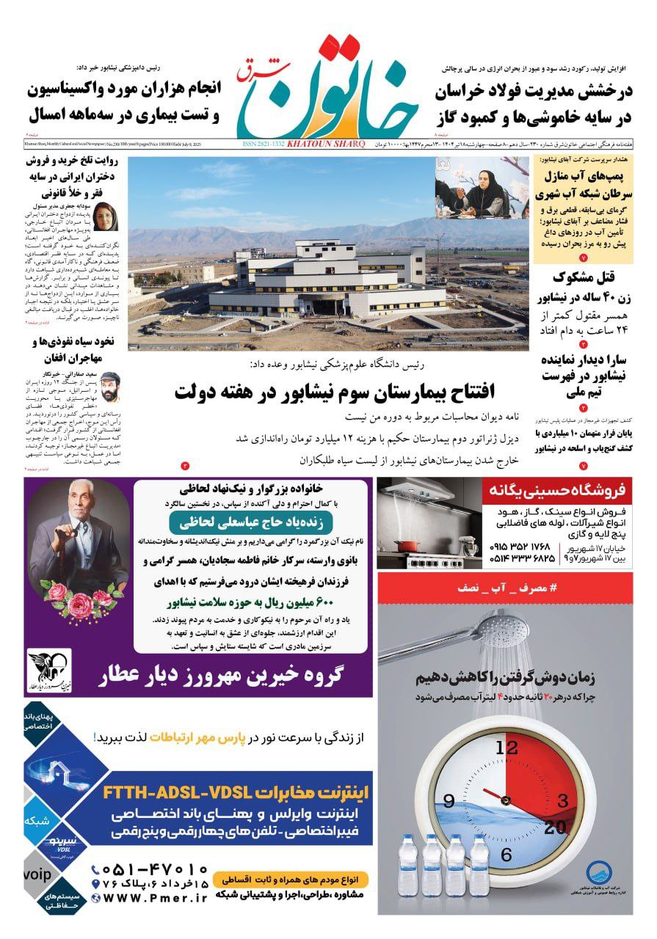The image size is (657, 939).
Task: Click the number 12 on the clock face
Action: (x=507, y=748)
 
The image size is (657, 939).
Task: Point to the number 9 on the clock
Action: (x=449, y=801)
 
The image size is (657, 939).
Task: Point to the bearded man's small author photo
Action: (x=109, y=386)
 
